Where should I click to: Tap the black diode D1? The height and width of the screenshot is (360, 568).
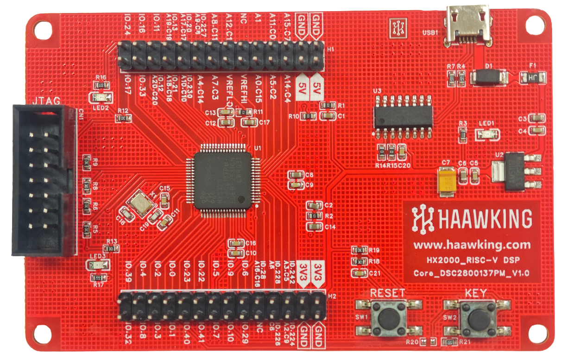pyautogui.click(x=489, y=76)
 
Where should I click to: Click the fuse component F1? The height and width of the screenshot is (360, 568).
pyautogui.click(x=533, y=77)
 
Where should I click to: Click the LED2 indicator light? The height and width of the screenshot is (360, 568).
pyautogui.click(x=101, y=97)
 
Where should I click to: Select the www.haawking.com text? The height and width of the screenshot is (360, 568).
pyautogui.click(x=472, y=244)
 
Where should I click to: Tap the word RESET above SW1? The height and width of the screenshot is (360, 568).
pyautogui.click(x=388, y=293)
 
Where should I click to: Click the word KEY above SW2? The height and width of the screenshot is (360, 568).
pyautogui.click(x=476, y=293)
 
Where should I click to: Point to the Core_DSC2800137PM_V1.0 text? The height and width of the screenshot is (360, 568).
pyautogui.click(x=472, y=272)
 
